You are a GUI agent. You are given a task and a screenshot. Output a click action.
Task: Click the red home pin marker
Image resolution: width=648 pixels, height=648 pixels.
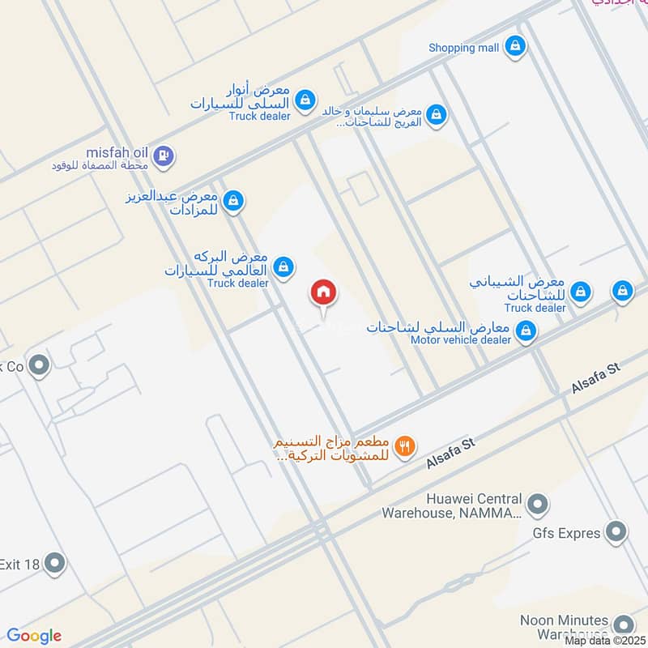click(x=322, y=293)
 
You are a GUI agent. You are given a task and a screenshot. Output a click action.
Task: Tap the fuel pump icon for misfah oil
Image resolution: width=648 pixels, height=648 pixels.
click(x=163, y=155)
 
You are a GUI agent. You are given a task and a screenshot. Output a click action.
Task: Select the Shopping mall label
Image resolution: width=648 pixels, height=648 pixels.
click(x=464, y=48)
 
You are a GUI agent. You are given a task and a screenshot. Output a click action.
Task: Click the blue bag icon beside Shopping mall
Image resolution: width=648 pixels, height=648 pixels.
click(x=514, y=47)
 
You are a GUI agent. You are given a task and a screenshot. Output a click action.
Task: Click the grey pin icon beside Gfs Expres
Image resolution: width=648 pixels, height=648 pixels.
click(x=616, y=532)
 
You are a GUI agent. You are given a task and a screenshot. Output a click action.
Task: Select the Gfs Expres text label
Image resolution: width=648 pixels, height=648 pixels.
click(x=566, y=533)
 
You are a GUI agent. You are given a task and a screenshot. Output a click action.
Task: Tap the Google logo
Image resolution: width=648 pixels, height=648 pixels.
click(x=34, y=636)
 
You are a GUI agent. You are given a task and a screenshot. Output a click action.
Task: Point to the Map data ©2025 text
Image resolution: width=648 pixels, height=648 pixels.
click(x=606, y=641)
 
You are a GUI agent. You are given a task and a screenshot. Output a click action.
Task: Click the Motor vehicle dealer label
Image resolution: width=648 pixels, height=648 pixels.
click(x=461, y=340)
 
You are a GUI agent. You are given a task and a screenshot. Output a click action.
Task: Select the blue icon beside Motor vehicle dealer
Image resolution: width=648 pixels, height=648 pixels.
click(x=526, y=330)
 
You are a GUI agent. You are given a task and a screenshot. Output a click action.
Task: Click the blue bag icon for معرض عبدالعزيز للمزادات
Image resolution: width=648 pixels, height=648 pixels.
click(x=233, y=200)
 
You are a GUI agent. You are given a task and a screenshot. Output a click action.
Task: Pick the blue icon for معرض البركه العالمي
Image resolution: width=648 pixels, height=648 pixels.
click(x=283, y=266)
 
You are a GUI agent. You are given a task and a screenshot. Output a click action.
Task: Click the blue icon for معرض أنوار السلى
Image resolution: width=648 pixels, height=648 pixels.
click(x=305, y=100)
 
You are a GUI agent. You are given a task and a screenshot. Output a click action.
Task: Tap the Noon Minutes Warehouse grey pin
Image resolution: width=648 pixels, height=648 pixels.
click(x=623, y=625)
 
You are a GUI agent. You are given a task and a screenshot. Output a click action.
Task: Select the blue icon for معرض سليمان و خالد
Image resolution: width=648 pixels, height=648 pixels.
click(x=437, y=115)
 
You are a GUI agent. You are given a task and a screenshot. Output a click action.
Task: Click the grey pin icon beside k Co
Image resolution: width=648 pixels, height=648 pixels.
click(x=38, y=367)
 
